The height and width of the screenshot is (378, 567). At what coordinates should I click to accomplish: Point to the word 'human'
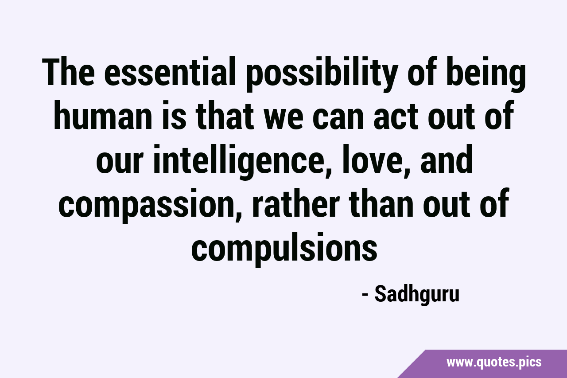(102, 115)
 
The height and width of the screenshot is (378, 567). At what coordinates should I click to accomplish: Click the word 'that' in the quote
(224, 115)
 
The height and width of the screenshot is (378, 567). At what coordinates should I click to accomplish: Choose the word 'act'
(397, 117)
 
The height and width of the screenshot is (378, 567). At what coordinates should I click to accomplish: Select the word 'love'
(372, 159)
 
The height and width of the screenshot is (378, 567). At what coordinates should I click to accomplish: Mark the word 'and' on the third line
(447, 159)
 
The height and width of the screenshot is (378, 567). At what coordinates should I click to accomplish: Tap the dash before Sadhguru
(365, 296)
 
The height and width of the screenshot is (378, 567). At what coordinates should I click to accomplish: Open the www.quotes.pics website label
(494, 362)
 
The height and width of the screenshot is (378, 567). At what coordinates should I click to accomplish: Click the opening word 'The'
(69, 72)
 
